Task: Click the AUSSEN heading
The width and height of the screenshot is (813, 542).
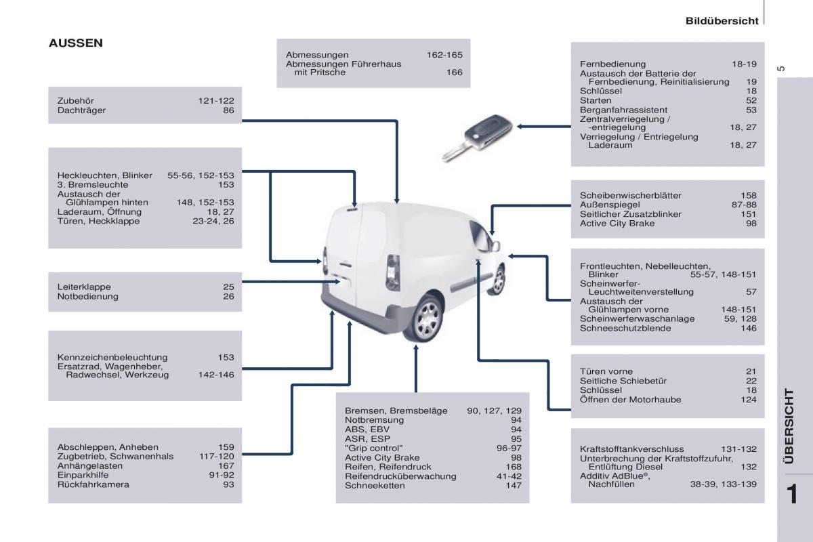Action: pyautogui.click(x=76, y=43)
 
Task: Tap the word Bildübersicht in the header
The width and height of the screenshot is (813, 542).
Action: pyautogui.click(x=722, y=21)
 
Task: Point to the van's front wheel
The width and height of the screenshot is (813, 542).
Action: pyautogui.click(x=499, y=279)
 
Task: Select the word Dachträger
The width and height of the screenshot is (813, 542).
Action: pyautogui.click(x=81, y=110)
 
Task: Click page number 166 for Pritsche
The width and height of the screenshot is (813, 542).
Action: pyautogui.click(x=454, y=72)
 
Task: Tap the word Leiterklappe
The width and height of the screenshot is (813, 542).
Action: pyautogui.click(x=84, y=287)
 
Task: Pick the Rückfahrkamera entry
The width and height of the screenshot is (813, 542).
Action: pyautogui.click(x=93, y=484)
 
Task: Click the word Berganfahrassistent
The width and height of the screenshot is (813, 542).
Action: pyautogui.click(x=623, y=110)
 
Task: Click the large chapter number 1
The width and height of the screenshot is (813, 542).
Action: pyautogui.click(x=795, y=495)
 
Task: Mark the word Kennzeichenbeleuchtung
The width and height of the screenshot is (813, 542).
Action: pyautogui.click(x=112, y=357)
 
